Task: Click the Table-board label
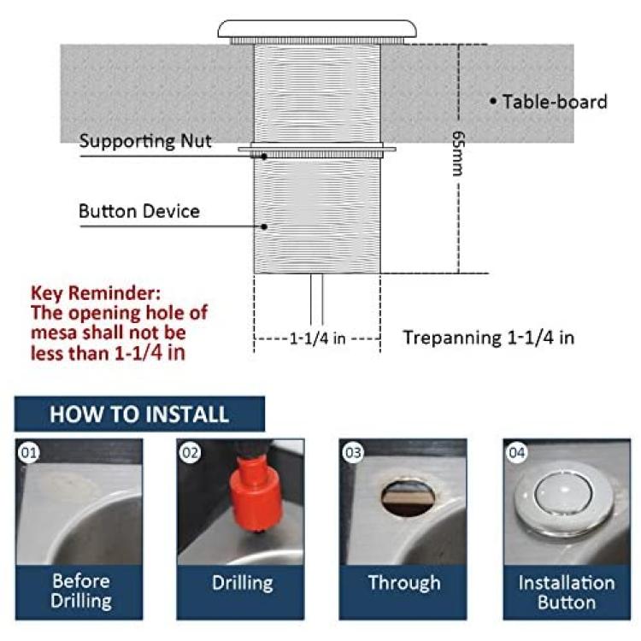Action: (555, 102)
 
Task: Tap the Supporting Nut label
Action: (145, 141)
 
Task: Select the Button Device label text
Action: (139, 211)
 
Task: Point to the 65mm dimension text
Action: (459, 153)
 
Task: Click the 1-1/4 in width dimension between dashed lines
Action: (317, 338)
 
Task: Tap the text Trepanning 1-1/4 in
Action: (489, 338)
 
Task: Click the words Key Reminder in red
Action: (96, 292)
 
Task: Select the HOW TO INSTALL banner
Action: (139, 414)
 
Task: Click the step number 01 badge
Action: (28, 452)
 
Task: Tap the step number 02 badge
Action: (190, 452)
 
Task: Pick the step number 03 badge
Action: (353, 452)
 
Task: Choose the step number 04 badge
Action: (516, 452)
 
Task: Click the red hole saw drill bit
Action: (256, 492)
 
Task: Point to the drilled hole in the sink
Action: (409, 497)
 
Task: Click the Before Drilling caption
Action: (81, 591)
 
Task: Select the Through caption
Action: (404, 583)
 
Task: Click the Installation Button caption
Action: (567, 592)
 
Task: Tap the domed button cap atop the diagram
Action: (317, 28)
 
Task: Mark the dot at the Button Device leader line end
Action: (264, 226)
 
